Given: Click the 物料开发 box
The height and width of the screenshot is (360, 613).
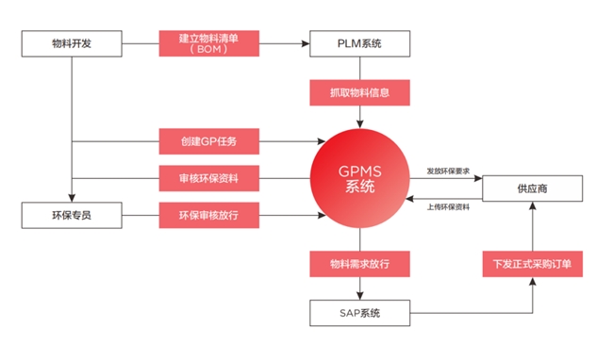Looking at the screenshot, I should (x=72, y=43).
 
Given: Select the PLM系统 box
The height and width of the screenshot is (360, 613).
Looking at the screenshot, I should (x=359, y=43).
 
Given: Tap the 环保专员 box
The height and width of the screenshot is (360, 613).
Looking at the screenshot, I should (x=72, y=215).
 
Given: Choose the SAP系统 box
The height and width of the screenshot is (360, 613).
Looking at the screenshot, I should (x=359, y=311).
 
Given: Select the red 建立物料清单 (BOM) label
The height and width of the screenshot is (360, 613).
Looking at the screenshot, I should (x=208, y=43).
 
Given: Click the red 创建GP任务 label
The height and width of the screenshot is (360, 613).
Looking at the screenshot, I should (x=208, y=142).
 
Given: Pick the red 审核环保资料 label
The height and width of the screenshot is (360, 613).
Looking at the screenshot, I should (x=208, y=177).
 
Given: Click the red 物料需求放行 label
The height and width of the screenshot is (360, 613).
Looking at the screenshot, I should (x=359, y=263).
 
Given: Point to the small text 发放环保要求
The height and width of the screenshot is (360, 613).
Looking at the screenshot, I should (x=449, y=171).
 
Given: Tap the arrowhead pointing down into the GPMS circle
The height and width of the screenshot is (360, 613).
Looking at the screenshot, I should (x=359, y=125).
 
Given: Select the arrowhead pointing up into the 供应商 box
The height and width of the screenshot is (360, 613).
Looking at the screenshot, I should (x=532, y=206).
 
